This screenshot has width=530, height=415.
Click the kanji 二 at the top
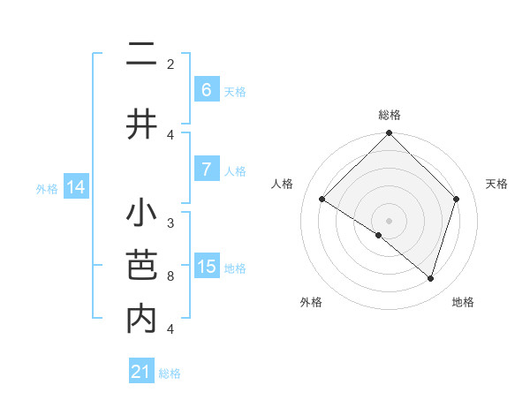(x=141, y=54)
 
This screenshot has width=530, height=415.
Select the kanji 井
(x=141, y=124)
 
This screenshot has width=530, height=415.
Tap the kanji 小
(x=141, y=215)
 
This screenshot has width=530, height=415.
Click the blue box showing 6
(x=206, y=89)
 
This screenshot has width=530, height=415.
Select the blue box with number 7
(x=206, y=169)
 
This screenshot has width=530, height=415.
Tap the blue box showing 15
(x=207, y=267)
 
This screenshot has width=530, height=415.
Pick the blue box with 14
(x=76, y=187)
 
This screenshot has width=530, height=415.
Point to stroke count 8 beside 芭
(x=170, y=276)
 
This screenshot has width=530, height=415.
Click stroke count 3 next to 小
(x=170, y=223)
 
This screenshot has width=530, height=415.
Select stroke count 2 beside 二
(x=170, y=64)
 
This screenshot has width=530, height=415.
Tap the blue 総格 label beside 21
(x=170, y=373)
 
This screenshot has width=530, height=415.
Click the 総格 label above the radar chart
(x=390, y=115)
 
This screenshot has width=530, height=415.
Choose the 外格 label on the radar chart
(x=311, y=302)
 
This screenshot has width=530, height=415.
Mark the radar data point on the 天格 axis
(x=457, y=199)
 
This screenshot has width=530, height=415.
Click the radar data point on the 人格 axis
(x=322, y=199)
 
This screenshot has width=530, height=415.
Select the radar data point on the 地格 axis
(x=430, y=278)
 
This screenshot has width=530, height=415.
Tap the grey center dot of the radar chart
(x=390, y=220)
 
